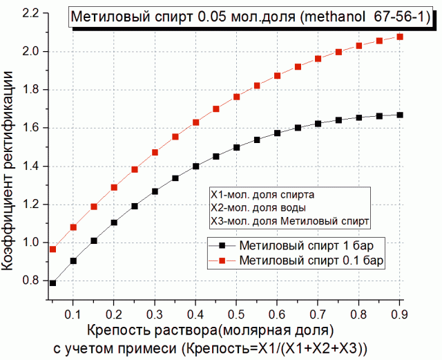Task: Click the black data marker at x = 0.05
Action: click(x=52, y=283)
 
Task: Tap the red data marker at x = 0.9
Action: click(x=400, y=37)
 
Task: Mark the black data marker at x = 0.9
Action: click(x=400, y=115)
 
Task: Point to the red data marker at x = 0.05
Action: click(x=52, y=249)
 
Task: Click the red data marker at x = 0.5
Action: click(x=236, y=97)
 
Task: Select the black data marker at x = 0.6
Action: click(x=277, y=133)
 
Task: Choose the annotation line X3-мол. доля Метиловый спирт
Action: click(x=290, y=220)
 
